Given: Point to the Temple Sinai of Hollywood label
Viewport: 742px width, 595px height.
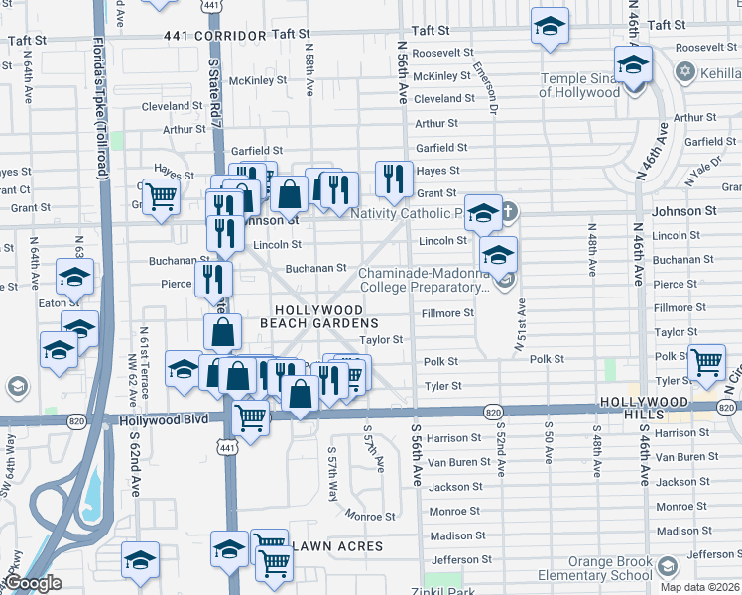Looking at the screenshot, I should pos(579,86).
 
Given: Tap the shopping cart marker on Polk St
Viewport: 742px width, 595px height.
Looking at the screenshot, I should pos(706,363).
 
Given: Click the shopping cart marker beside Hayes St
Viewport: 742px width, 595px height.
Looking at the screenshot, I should pos(160,196).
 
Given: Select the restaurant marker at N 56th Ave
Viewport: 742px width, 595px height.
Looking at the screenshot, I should pos(394,178).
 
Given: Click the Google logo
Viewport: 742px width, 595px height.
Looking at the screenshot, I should pos(32,583).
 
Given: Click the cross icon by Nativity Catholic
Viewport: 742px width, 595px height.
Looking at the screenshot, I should pos(508,210).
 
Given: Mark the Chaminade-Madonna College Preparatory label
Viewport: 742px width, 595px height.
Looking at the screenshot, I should pos(424,281).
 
